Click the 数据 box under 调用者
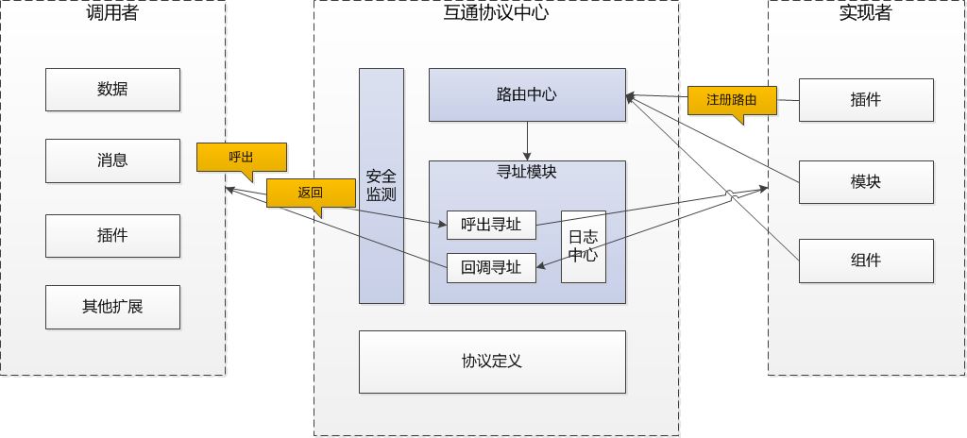point(112,90)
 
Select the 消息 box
point(112,161)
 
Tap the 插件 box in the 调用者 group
point(112,236)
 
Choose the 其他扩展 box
point(112,307)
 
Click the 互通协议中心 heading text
point(496,13)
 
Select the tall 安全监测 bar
point(381,185)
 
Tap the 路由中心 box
point(527,94)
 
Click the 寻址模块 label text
point(527,173)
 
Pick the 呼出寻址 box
point(491,225)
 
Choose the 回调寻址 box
point(491,267)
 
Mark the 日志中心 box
point(584,245)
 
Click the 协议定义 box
point(492,361)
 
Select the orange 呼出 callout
point(240,157)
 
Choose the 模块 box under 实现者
point(865,181)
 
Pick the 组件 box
point(865,261)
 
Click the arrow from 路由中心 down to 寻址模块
point(527,141)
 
